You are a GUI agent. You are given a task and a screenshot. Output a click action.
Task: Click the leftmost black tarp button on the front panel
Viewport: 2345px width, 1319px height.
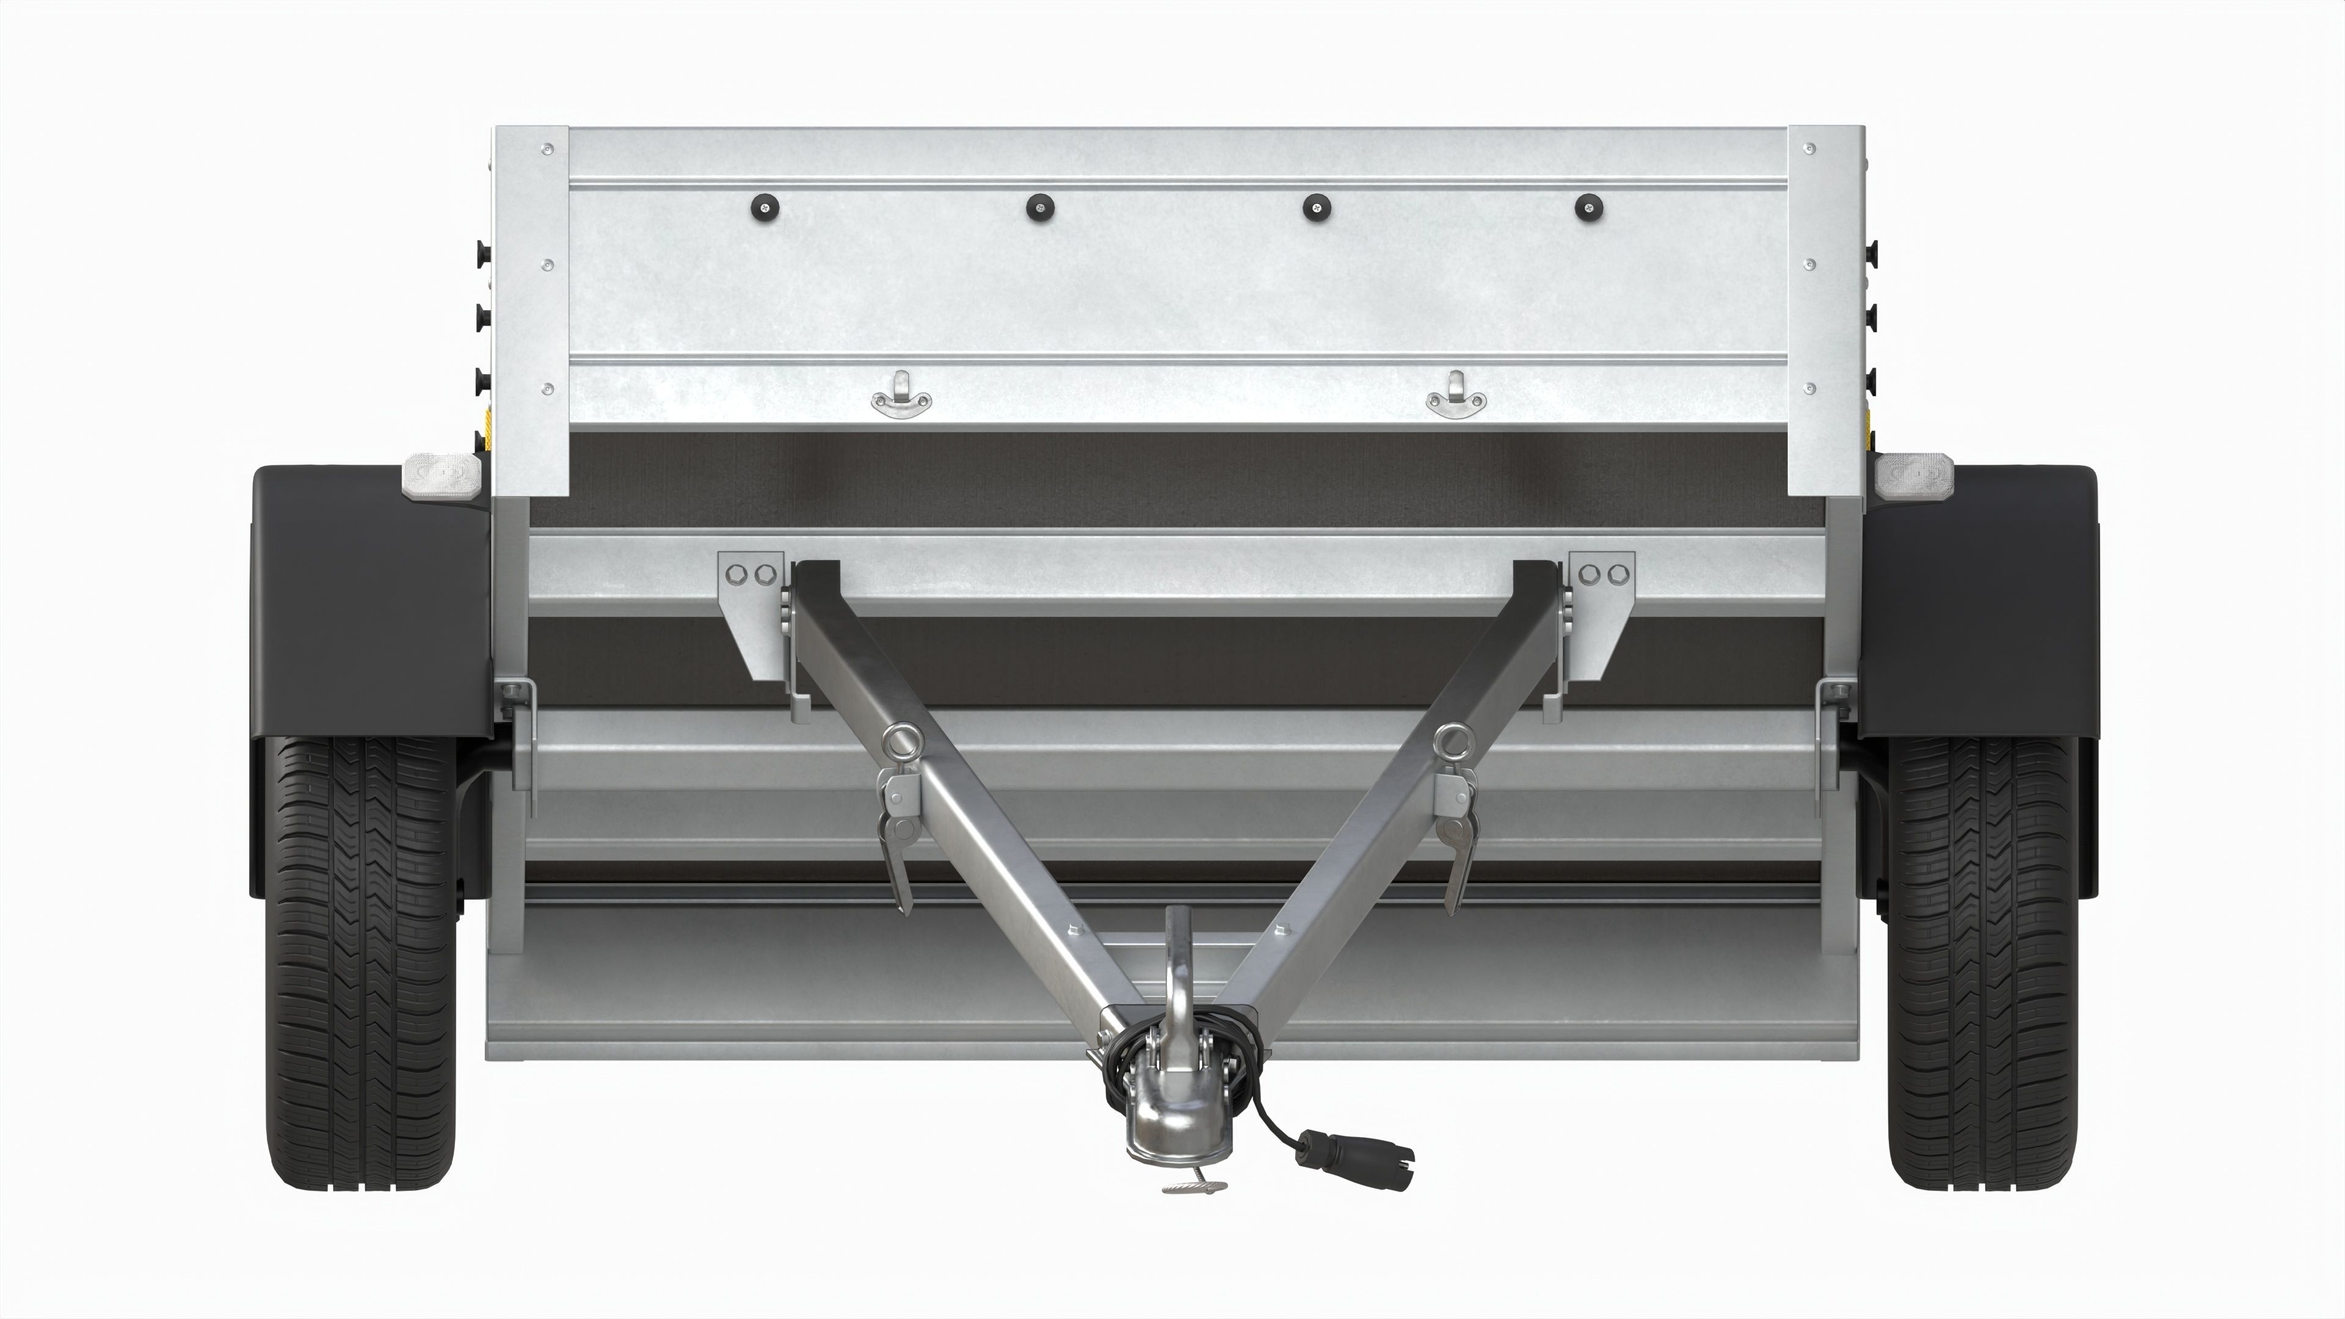coord(764,208)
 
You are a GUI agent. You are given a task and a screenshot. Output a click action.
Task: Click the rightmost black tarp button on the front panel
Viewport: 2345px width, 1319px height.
coord(1588,208)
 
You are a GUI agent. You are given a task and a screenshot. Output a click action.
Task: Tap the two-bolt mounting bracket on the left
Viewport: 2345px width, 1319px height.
coord(751,601)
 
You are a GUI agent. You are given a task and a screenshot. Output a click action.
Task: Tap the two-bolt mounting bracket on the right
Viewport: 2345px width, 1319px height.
coord(1601,601)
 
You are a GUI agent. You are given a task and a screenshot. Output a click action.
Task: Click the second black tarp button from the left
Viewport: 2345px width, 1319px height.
coord(1039,208)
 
